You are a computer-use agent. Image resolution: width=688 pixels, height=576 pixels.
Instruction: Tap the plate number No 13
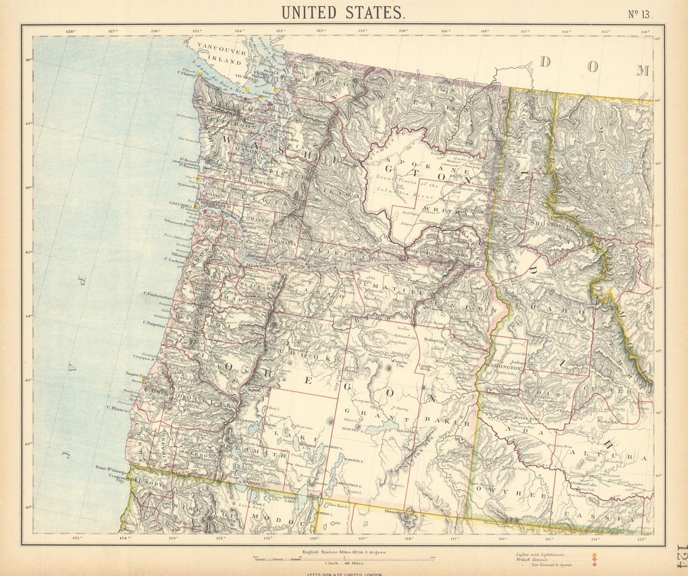[x=639, y=14]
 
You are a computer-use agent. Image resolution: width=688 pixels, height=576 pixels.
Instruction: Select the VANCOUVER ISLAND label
[x=219, y=54]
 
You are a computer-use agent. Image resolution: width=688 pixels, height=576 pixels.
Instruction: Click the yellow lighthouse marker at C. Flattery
[x=200, y=74]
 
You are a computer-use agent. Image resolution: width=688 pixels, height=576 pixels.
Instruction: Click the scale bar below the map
[x=343, y=558]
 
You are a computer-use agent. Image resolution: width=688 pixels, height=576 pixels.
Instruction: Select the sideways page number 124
[x=680, y=555]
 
